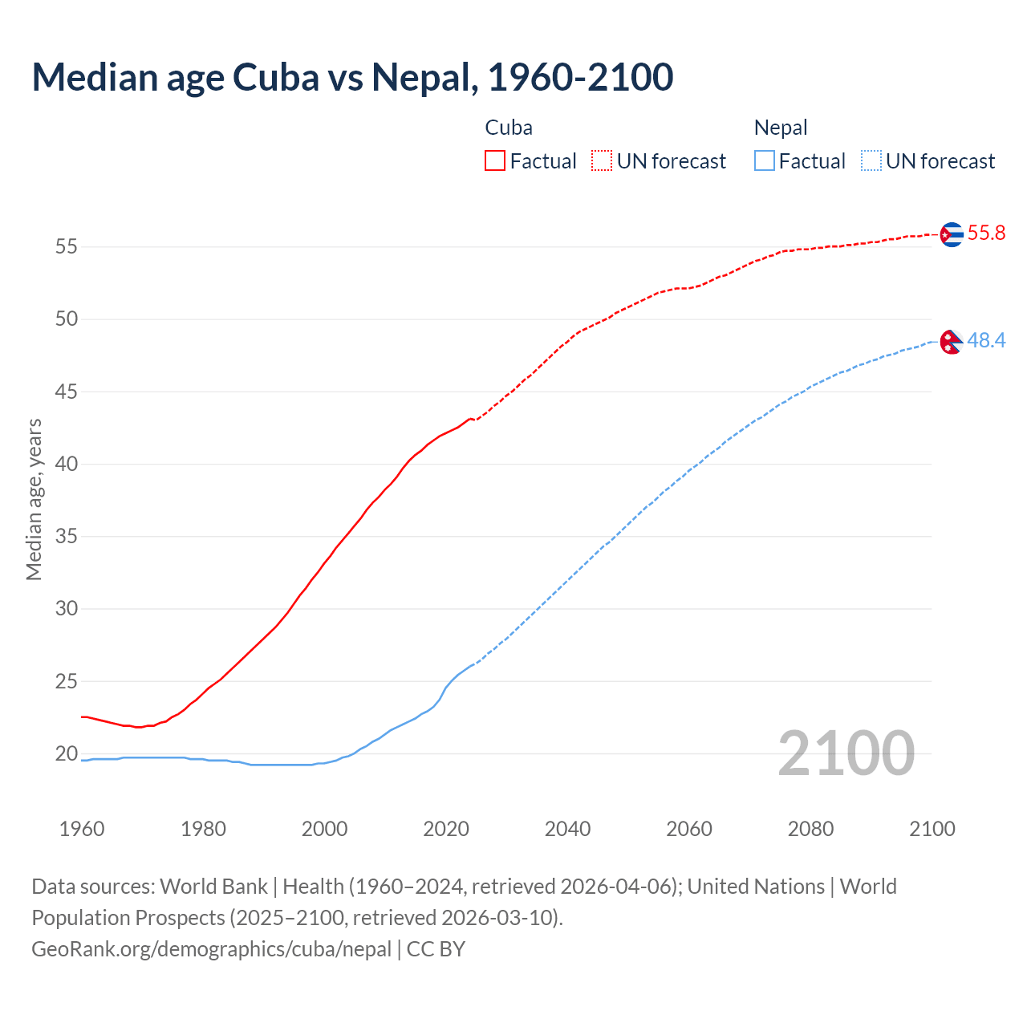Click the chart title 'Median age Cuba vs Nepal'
(352, 77)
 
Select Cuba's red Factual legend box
(495, 160)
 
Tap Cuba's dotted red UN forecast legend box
(602, 160)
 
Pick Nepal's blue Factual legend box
(765, 160)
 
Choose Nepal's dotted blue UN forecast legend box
(871, 160)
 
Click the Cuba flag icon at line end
(951, 233)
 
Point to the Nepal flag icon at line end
(951, 342)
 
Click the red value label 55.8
(986, 233)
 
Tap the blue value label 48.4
(986, 341)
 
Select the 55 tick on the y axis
(67, 246)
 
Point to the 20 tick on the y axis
(67, 753)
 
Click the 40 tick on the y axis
(67, 464)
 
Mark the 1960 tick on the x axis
(82, 829)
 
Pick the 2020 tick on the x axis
(446, 829)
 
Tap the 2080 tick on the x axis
(810, 829)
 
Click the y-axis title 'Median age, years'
(34, 499)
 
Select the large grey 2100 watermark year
(846, 753)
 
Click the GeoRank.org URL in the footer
(212, 948)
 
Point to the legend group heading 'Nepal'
(781, 128)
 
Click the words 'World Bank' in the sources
(213, 886)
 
